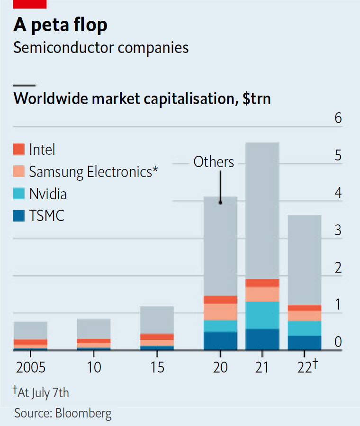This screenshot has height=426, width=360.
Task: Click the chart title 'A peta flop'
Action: tap(61, 25)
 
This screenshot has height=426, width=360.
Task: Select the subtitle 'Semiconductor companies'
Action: tap(101, 48)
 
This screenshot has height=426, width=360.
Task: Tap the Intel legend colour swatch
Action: tap(18, 150)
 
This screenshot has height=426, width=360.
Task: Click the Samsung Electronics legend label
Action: tap(93, 172)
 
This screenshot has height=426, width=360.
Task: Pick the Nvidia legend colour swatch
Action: tap(18, 194)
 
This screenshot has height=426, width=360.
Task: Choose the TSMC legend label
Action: tap(46, 216)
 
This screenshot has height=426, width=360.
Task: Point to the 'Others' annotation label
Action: tap(214, 162)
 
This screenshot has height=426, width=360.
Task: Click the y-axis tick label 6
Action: tap(338, 118)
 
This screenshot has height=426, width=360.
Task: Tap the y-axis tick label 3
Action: tap(338, 231)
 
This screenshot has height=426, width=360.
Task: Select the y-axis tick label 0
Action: tap(338, 342)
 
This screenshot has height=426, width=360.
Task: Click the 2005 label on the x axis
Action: tap(30, 367)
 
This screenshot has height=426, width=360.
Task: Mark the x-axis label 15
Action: tap(156, 367)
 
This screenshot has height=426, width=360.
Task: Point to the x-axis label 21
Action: tap(262, 367)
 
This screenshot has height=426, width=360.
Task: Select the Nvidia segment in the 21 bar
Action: tap(262, 315)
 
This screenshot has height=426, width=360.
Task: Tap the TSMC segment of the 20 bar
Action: tap(220, 341)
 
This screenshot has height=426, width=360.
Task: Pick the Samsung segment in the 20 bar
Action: tap(220, 312)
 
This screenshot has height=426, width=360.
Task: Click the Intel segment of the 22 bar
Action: tap(305, 308)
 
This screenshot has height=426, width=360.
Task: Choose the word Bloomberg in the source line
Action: tap(83, 413)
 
